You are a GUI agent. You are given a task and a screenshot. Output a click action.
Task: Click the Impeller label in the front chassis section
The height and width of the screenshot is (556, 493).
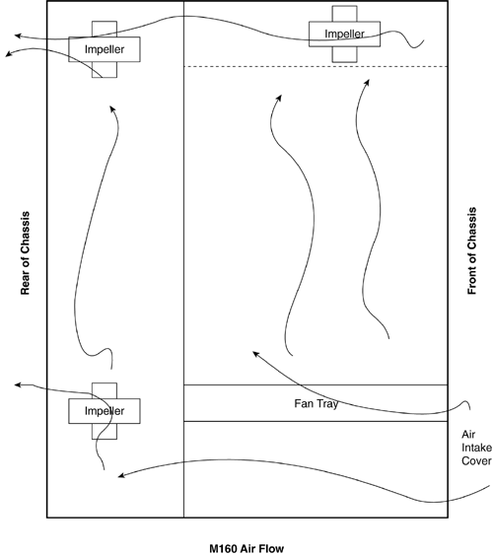click(x=344, y=35)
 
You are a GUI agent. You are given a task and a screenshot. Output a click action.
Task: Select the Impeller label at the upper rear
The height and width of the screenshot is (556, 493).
click(x=105, y=49)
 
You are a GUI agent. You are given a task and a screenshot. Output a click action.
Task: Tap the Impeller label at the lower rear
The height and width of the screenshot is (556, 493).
click(x=105, y=411)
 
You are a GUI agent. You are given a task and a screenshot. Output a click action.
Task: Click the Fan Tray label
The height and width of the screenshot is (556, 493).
click(x=317, y=403)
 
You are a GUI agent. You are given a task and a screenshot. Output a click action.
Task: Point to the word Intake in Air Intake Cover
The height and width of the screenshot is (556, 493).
click(x=476, y=448)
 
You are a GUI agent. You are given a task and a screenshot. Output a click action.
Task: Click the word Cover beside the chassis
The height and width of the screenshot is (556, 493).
click(x=476, y=461)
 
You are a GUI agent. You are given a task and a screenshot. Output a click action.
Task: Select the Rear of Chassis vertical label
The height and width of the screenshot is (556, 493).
click(x=26, y=253)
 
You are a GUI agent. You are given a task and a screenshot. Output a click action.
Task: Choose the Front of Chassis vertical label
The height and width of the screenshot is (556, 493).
click(x=471, y=251)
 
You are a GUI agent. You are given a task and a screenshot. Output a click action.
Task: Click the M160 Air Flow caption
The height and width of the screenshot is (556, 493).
click(x=246, y=548)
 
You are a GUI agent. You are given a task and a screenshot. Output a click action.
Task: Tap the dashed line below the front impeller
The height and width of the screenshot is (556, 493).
click(x=316, y=66)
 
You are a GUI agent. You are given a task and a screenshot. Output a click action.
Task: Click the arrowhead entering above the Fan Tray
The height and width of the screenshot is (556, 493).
click(x=256, y=354)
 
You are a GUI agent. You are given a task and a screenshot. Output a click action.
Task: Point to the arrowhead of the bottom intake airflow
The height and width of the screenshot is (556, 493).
click(x=121, y=475)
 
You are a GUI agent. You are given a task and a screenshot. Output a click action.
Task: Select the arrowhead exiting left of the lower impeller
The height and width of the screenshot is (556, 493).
click(x=18, y=384)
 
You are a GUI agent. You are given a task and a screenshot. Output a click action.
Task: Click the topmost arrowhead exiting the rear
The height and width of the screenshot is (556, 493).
click(x=18, y=35)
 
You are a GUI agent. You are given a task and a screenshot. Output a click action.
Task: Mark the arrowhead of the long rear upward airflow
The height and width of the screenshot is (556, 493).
click(x=112, y=108)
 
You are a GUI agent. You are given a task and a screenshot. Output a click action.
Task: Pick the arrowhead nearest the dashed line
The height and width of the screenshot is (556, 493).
click(x=367, y=82)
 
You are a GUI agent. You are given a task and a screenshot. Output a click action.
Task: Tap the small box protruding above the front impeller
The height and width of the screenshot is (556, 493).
click(x=344, y=14)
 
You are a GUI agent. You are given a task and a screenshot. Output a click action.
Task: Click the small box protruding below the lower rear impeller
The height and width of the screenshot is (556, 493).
click(x=105, y=431)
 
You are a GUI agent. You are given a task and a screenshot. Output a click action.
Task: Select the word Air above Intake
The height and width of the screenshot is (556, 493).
click(x=468, y=435)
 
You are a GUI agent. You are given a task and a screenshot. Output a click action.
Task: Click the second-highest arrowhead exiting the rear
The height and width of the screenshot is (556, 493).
click(x=9, y=54)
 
